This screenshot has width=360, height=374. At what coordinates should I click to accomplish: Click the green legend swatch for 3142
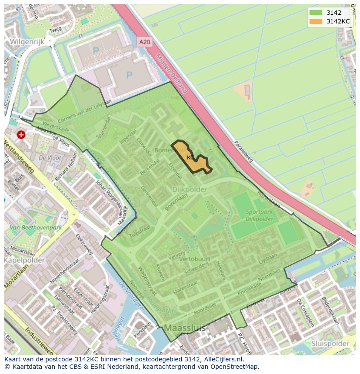coord(316,13)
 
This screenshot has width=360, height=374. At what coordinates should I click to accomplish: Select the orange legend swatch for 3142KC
coord(316,21)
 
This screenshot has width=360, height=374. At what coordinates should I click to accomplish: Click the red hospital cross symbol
coord(21,135)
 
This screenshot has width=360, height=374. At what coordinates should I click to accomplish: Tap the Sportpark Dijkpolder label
coord(253,215)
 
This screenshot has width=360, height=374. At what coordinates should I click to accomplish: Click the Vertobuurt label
coord(194,259)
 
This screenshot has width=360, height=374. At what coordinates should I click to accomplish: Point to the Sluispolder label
coord(330,343)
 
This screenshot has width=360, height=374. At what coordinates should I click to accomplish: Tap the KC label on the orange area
coord(190,157)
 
